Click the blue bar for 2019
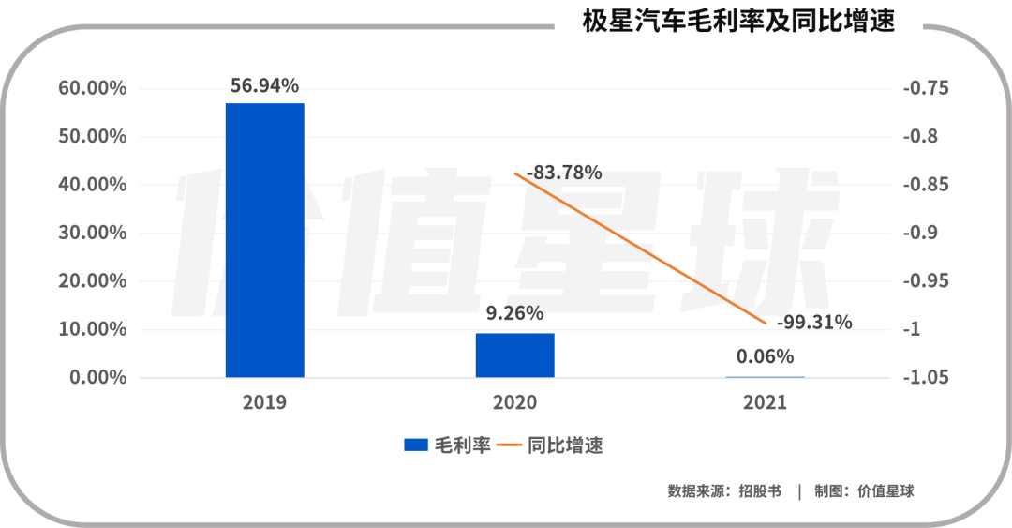264,240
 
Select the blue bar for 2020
514,355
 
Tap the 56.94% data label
264,86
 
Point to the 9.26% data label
514,313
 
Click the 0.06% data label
765,356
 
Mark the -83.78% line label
564,173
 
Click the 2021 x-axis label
765,402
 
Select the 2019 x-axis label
264,402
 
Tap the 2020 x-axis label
514,402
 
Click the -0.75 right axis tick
926,88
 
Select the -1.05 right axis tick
926,377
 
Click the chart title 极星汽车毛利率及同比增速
738,21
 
